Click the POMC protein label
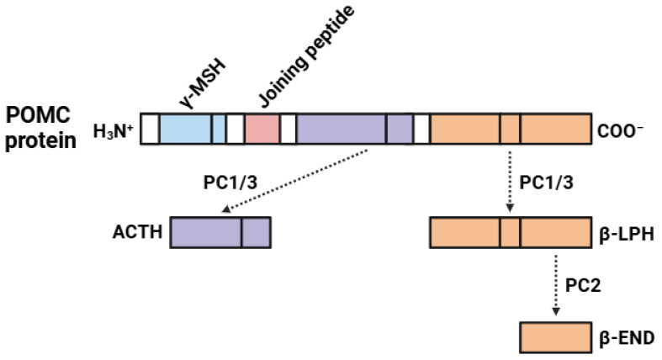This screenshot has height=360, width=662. click(40, 126)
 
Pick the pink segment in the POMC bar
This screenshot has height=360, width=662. click(262, 130)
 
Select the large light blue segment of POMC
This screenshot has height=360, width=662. click(185, 130)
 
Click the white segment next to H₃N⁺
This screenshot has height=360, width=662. click(150, 130)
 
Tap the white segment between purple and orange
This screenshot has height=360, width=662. click(421, 130)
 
